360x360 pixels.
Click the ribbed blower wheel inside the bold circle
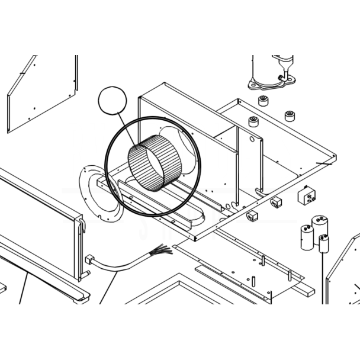click(151, 166)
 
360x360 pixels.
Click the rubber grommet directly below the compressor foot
click(263, 98)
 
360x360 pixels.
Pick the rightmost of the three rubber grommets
click(290, 115)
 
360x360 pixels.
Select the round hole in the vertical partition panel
click(252, 141)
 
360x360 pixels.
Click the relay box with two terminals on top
click(308, 195)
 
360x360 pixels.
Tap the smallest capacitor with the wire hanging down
click(323, 243)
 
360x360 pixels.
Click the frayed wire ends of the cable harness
click(162, 250)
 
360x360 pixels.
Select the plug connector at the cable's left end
click(89, 260)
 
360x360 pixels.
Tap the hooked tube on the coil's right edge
click(81, 225)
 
